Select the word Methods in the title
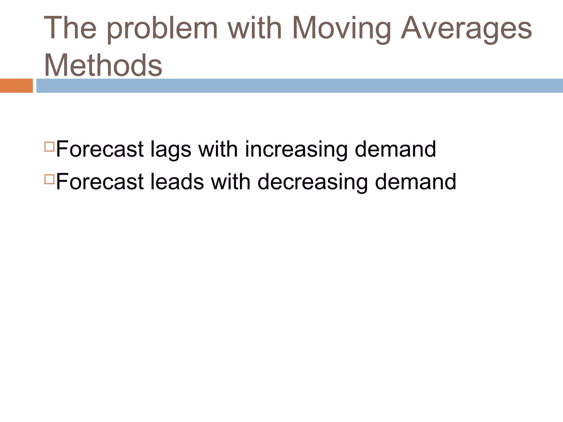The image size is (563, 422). click(x=103, y=65)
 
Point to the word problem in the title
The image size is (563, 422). click(x=162, y=29)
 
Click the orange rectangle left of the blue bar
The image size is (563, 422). click(x=16, y=86)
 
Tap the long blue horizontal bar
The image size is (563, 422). click(x=300, y=86)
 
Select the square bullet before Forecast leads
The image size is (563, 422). click(x=49, y=179)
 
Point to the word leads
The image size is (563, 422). click(x=177, y=182)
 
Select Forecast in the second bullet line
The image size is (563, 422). click(x=100, y=182)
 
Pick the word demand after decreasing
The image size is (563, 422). click(x=416, y=182)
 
